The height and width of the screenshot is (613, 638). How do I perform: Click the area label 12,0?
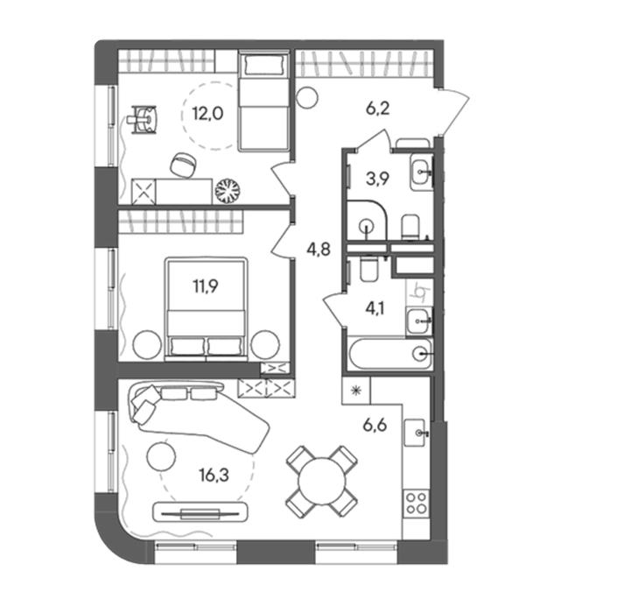pyautogui.click(x=207, y=114)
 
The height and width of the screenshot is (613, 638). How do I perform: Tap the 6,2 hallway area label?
pyautogui.click(x=377, y=109)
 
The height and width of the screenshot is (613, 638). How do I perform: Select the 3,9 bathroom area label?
pyautogui.click(x=377, y=179)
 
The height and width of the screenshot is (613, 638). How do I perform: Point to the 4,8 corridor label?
pyautogui.click(x=319, y=249)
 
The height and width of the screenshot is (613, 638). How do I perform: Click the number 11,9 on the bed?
pyautogui.click(x=205, y=286)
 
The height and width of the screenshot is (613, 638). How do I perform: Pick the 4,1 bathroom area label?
pyautogui.click(x=375, y=308)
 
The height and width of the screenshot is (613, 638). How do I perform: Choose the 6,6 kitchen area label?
pyautogui.click(x=375, y=426)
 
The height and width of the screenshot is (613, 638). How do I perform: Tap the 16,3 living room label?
pyautogui.click(x=214, y=475)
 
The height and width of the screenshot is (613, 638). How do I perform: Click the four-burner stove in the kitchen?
pyautogui.click(x=416, y=504)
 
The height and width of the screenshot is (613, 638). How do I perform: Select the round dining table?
pyautogui.click(x=321, y=482)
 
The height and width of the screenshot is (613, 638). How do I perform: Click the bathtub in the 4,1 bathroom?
pyautogui.click(x=389, y=354)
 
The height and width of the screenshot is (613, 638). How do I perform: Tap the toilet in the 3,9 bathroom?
pyautogui.click(x=410, y=227)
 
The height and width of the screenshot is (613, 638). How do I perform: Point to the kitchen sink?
pyautogui.click(x=416, y=433)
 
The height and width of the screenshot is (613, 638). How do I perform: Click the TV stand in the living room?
pyautogui.click(x=200, y=512)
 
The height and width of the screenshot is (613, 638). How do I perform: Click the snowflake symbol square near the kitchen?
pyautogui.click(x=356, y=391)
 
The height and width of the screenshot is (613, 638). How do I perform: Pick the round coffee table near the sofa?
pyautogui.click(x=162, y=457)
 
